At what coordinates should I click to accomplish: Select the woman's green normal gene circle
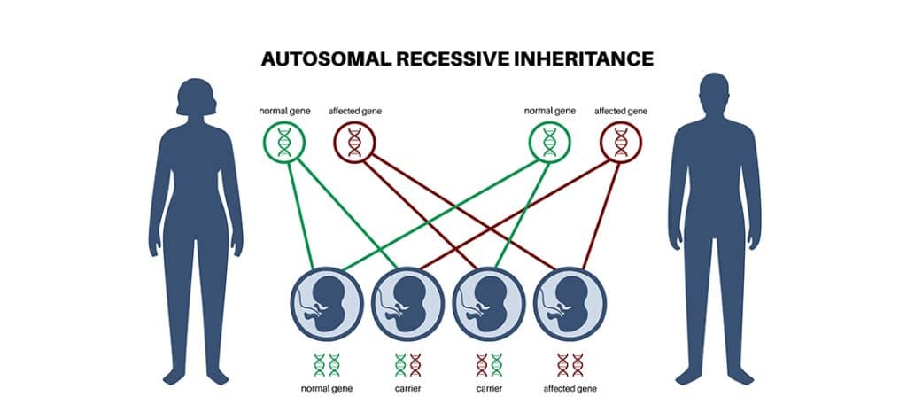(x=283, y=141)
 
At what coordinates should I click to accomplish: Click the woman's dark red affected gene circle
(x=354, y=141)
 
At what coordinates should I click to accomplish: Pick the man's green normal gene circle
(x=549, y=141)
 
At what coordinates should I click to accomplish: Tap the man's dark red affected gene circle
(x=620, y=141)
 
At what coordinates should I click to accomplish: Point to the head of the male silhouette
(x=714, y=97)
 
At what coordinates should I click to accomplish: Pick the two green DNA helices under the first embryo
(x=327, y=363)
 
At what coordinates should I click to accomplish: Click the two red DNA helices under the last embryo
(x=570, y=363)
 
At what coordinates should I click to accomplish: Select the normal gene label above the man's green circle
(x=549, y=111)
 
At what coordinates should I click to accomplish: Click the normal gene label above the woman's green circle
(x=283, y=111)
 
